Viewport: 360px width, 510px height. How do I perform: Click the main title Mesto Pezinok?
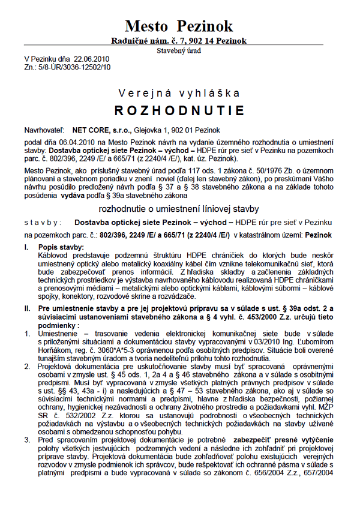(x=179, y=26)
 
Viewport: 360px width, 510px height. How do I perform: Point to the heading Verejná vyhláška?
(x=179, y=93)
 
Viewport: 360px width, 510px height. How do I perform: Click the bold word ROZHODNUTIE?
(x=179, y=111)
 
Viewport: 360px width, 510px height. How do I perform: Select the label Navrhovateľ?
(x=43, y=130)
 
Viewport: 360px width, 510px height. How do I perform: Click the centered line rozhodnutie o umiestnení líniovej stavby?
(x=179, y=209)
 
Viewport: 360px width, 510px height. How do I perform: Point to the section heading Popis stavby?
(x=61, y=247)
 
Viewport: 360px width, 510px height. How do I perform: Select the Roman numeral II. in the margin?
(x=27, y=308)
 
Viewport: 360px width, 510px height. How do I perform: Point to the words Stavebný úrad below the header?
(x=179, y=51)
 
